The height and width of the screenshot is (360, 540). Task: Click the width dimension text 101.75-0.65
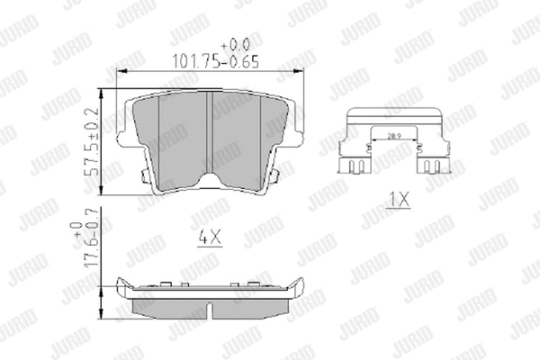pos(209,62)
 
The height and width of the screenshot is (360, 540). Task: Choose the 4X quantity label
pos(208,239)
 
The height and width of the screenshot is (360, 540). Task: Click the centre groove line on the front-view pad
pos(209,135)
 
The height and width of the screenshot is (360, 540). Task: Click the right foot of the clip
pos(434,166)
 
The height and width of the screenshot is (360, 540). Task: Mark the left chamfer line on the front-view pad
pos(158,135)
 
